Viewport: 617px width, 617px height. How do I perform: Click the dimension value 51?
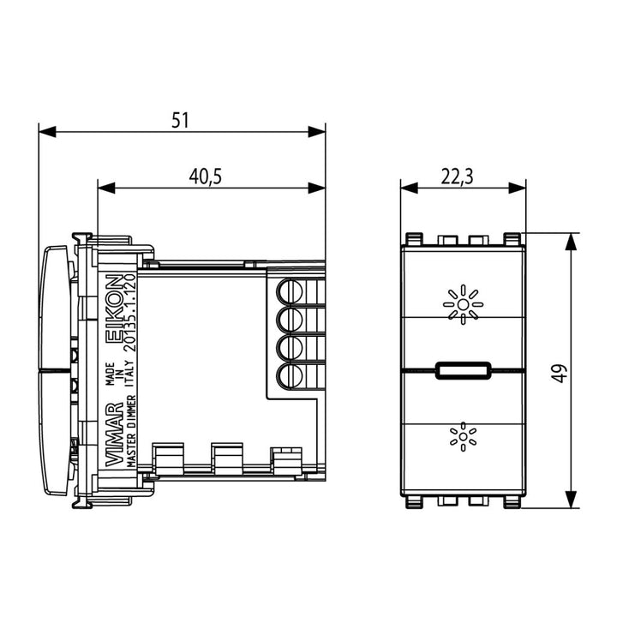pos(180,121)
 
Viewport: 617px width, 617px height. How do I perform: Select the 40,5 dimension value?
pos(206,177)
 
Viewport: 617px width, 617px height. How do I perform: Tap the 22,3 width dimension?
pos(457,177)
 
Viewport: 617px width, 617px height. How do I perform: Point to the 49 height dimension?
pos(560,374)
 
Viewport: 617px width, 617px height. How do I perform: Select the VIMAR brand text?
pos(115,434)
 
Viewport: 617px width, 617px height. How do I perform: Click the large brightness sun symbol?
pos(463,304)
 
